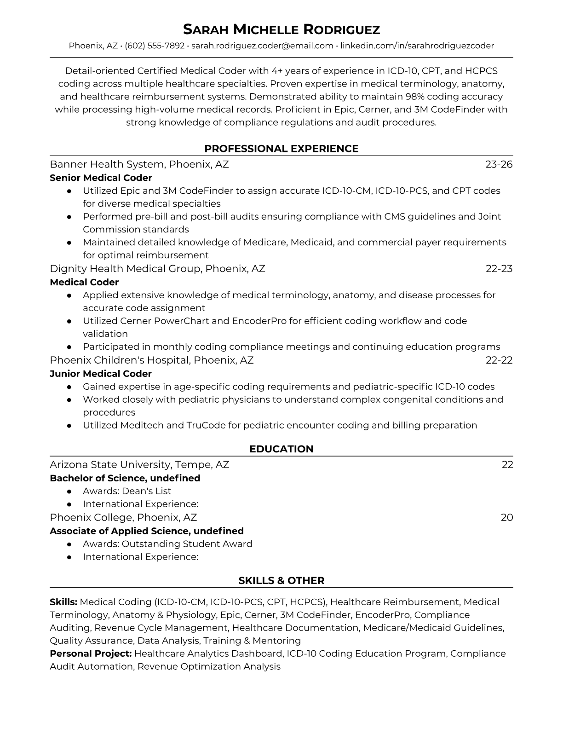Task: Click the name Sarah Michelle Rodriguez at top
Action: point(281,29)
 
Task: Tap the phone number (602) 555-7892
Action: point(155,46)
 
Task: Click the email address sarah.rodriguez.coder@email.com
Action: point(262,46)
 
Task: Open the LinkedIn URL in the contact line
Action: point(417,46)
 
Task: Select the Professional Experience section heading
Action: point(281,149)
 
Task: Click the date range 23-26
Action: point(499,164)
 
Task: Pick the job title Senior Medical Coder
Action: point(101,178)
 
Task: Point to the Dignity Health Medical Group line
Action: point(157,268)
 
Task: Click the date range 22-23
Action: point(499,268)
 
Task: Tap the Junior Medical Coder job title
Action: point(101,374)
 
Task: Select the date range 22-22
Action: point(499,360)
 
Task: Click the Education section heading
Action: point(281,449)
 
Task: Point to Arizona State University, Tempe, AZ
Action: point(139,464)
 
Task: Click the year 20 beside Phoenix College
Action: point(507,517)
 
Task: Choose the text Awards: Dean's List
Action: point(127,491)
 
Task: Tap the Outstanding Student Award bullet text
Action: point(167,544)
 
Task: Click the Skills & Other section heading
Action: point(281,581)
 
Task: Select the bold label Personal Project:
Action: point(91,654)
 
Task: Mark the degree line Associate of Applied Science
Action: point(147,531)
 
